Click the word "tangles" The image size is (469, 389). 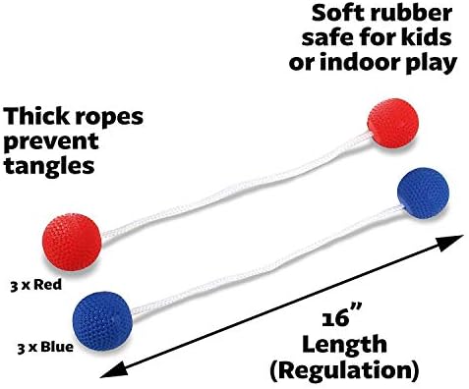coord(49,166)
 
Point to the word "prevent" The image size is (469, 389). coord(50,142)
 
